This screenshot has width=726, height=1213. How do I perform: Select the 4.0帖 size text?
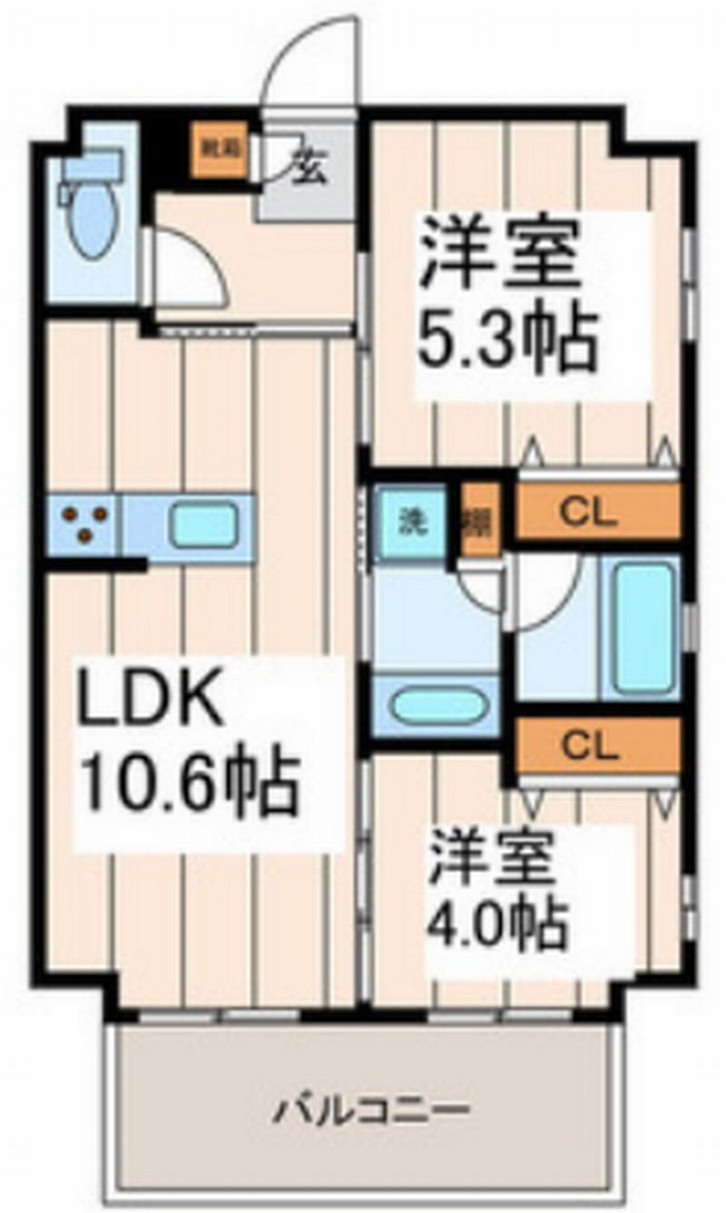(498, 922)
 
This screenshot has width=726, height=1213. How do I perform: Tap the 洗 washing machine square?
(413, 523)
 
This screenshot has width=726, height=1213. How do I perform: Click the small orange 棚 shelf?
(475, 523)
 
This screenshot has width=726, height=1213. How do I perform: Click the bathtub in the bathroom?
(641, 627)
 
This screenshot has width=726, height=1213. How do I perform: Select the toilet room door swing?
(186, 268)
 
